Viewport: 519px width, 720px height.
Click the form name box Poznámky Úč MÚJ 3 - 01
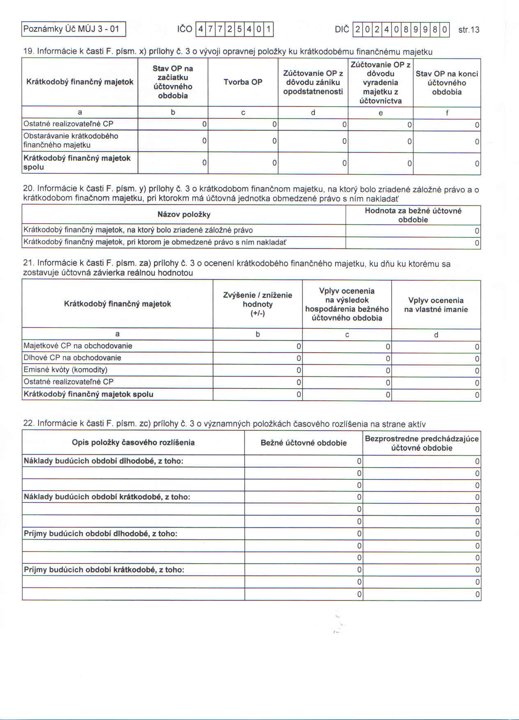[73, 29]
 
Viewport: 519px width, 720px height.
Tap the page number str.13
[468, 30]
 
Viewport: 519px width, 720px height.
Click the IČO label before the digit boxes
[184, 29]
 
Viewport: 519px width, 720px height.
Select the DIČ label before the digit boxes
[342, 29]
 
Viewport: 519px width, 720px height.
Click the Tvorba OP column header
[243, 82]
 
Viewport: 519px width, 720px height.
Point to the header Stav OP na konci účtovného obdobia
[447, 83]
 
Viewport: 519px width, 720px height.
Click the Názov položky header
[184, 215]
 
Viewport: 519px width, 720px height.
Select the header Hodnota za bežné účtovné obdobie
[413, 215]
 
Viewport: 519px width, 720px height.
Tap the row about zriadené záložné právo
[138, 231]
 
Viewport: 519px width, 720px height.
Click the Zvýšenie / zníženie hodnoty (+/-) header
[257, 304]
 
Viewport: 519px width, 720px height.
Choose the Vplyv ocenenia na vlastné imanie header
[436, 305]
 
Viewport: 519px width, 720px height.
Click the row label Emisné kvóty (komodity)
[65, 370]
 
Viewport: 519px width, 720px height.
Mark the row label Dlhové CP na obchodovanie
[72, 358]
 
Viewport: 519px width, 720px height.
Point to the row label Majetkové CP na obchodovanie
[78, 346]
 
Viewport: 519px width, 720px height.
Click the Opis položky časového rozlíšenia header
[133, 443]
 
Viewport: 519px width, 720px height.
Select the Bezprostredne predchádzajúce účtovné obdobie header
[422, 443]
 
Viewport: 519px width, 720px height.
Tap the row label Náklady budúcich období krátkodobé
[107, 497]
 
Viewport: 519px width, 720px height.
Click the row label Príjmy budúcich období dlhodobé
[100, 534]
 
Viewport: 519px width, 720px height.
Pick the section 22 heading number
[28, 424]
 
